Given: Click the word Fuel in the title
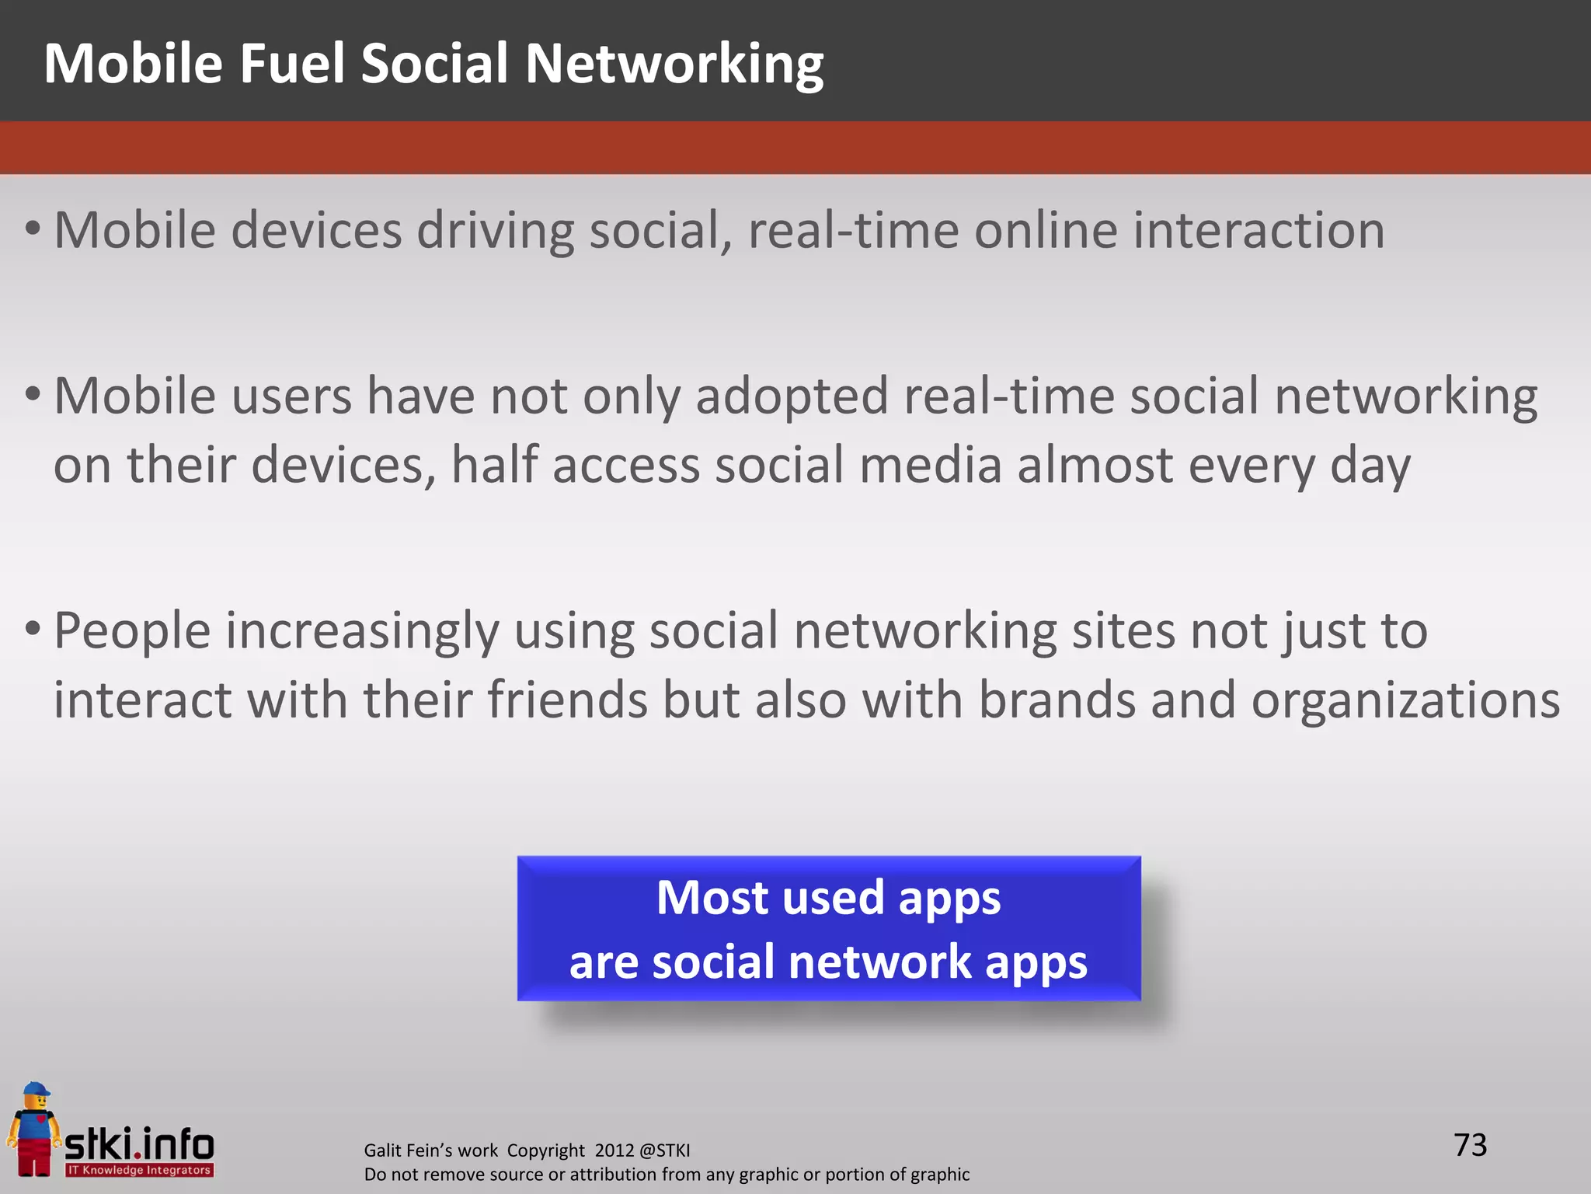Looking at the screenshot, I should pos(291,64).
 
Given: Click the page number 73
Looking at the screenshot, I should pos(1470,1145).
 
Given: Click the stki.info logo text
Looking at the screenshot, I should pos(139,1145).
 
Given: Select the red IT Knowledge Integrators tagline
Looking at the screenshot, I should pos(139,1170).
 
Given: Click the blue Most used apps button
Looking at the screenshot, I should pos(828,929).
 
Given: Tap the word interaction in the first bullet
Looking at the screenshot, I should pos(1258,231).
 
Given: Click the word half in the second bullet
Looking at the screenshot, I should pos(494,466).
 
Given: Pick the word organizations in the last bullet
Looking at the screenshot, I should pos(1405,700).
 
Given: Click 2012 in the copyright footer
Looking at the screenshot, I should pos(614,1150).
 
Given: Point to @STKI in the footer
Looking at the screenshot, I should pos(664,1150).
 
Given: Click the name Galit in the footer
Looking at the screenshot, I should pos(382,1150).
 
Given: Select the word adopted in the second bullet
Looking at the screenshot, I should pos(792,396).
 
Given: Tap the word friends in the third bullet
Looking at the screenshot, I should pos(567,700).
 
